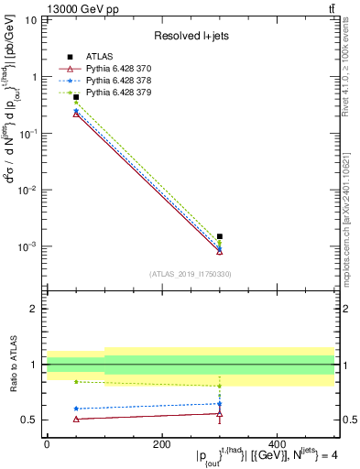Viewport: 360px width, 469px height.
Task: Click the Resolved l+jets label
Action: [191, 35]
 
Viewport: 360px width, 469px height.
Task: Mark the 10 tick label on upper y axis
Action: [31, 20]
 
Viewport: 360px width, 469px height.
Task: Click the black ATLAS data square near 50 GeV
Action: [76, 96]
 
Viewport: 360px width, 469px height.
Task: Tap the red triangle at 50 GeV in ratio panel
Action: [76, 419]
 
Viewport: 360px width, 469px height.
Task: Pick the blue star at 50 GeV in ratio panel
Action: [76, 409]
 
